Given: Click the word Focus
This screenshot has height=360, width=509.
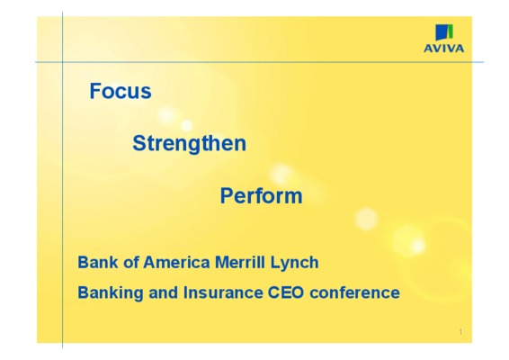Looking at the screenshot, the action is (121, 91).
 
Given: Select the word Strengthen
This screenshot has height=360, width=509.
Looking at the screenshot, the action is (190, 144).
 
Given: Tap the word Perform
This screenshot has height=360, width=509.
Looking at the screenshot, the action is (262, 196).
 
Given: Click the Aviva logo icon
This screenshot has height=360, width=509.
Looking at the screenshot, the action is (444, 32).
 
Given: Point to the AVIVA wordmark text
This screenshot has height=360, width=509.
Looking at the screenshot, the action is (443, 49).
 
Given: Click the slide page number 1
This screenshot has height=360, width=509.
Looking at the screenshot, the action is (460, 332).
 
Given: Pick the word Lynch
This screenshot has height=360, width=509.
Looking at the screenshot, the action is (294, 263).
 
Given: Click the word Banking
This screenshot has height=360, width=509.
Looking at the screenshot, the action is (111, 293).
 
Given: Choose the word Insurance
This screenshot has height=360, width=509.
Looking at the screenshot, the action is (223, 292).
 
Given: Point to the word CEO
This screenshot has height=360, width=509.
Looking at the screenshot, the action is (286, 292).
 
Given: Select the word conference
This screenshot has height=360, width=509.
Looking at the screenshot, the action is (355, 292).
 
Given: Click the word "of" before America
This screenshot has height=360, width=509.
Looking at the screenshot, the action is (131, 262).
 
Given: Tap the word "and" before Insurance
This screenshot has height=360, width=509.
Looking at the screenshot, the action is (164, 292).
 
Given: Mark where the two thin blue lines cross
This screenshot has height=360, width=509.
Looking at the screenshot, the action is (62, 62).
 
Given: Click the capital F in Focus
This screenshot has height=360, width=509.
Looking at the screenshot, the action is (94, 91).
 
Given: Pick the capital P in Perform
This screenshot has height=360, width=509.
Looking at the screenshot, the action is (227, 195).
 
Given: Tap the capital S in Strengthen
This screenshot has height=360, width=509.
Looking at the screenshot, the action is (138, 143).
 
